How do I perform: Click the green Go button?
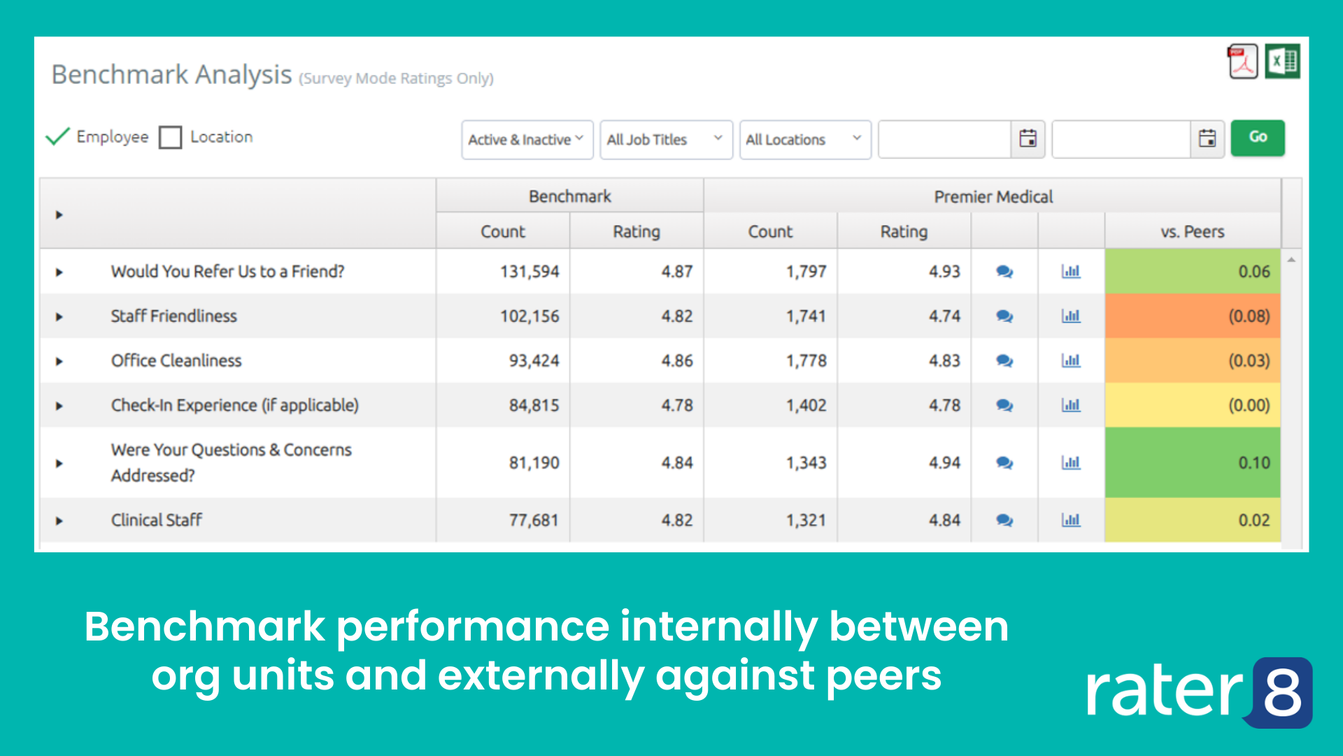(x=1257, y=138)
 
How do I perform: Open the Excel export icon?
(x=1282, y=62)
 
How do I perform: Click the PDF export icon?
(x=1243, y=62)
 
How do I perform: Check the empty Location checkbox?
(x=170, y=137)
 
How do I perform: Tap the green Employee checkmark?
(x=57, y=136)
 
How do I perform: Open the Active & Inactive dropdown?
(x=527, y=140)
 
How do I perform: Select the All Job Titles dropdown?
(x=665, y=140)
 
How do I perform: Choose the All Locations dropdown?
(x=804, y=140)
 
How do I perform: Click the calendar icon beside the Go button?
(x=1207, y=139)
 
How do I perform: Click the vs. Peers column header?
(x=1192, y=232)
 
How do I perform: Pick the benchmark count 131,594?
(x=530, y=272)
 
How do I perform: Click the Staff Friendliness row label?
(x=173, y=316)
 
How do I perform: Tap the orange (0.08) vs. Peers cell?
(x=1192, y=316)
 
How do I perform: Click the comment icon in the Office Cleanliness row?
(x=1004, y=361)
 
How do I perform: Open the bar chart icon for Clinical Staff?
(x=1071, y=520)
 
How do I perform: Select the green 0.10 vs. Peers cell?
(x=1192, y=463)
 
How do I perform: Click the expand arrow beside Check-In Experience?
(x=59, y=406)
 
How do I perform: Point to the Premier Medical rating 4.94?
(x=944, y=463)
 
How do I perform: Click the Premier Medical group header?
(x=993, y=197)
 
